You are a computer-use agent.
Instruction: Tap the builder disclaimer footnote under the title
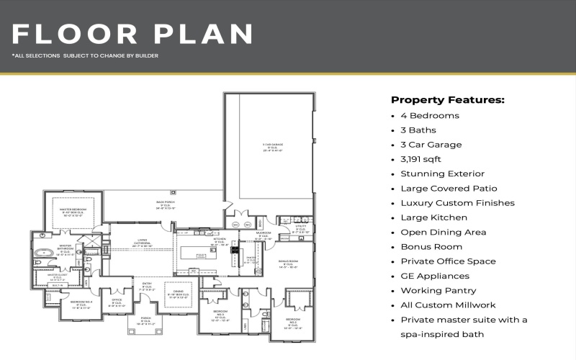85,55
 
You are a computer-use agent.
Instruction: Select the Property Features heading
447,99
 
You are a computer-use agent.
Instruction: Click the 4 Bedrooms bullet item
430,115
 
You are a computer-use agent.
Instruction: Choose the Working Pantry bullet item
438,290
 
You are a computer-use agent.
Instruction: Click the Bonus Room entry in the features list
431,246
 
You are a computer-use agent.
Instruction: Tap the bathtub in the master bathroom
45,253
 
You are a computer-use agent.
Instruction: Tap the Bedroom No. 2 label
293,321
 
